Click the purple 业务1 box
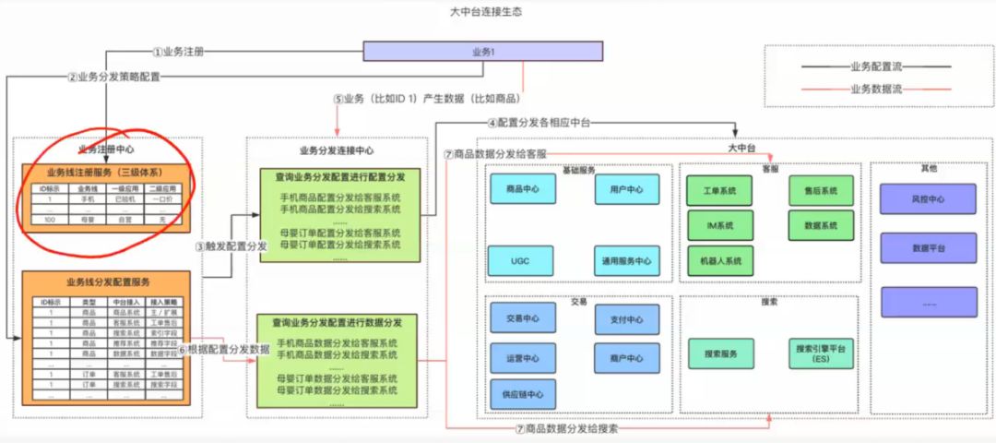pos(483,52)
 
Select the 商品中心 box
pos(523,190)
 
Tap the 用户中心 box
pos(626,190)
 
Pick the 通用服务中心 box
pos(626,261)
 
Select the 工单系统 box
pos(719,191)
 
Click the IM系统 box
pos(719,225)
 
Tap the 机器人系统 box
pos(719,261)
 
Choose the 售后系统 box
pos(821,191)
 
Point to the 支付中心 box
pos(626,320)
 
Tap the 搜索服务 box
pos(720,353)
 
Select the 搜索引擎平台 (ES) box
pos(821,353)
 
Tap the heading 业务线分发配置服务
pos(108,281)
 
